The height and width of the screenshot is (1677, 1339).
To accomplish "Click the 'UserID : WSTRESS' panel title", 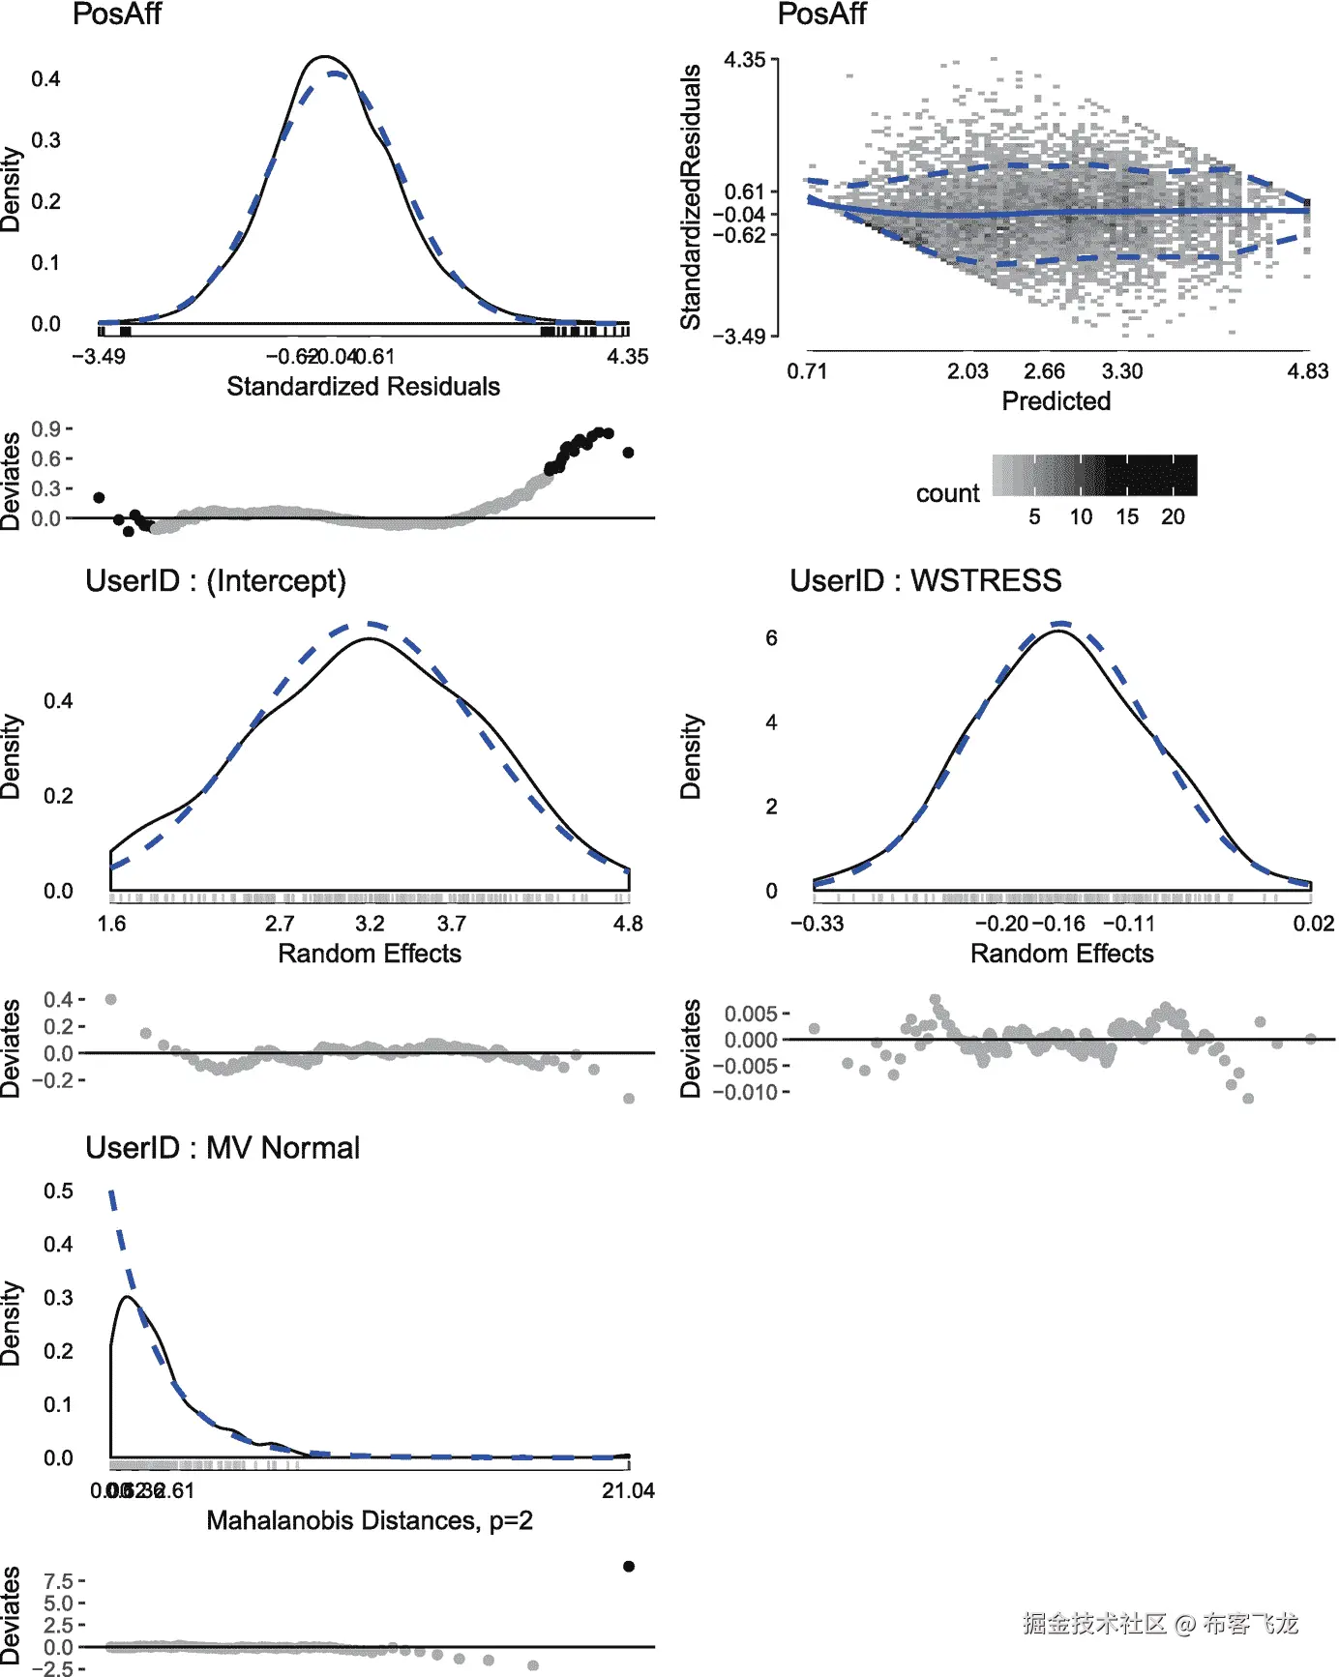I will pos(925,580).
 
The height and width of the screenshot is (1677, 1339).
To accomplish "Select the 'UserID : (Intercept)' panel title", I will pos(215,580).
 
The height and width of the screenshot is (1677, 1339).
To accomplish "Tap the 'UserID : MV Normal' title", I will pos(223,1148).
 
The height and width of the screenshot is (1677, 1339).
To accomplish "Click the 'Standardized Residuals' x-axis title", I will pos(363,387).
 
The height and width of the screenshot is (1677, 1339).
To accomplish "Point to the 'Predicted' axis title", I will pos(1056,401).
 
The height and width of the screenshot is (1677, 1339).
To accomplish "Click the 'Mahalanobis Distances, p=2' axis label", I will pos(370,1521).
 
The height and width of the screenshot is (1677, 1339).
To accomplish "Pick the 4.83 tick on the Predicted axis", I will pos(1307,371).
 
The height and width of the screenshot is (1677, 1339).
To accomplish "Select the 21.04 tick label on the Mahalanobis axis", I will pos(628,1491).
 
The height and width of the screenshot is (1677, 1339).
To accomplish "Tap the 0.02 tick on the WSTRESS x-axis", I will pos(1313,924).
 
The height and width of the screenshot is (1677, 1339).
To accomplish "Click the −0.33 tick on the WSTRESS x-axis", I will pos(817,924).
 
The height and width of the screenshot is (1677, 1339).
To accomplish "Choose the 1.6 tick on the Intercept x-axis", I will pos(111,924).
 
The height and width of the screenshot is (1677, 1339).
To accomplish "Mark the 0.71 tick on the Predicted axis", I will pos(807,371).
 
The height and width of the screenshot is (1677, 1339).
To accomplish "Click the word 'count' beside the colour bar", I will pos(947,493).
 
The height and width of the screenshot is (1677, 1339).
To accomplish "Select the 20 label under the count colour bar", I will pos(1173,516).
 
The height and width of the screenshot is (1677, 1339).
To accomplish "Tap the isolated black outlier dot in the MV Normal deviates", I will pos(629,1566).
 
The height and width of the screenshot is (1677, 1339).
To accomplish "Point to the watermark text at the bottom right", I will pos(1160,1624).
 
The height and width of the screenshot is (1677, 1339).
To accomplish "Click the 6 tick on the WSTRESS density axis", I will pos(771,638).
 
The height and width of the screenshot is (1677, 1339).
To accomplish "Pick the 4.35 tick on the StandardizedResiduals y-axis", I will pos(744,60).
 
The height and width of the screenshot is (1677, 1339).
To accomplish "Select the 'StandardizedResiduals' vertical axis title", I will pos(691,197).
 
